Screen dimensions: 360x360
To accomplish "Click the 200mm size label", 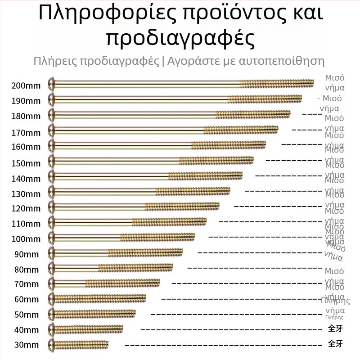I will click(27, 85).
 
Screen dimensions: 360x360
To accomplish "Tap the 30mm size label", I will click(27, 345).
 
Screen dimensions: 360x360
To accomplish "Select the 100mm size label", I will click(27, 239).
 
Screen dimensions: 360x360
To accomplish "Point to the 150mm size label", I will click(27, 163).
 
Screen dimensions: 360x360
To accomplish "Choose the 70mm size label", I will click(27, 284).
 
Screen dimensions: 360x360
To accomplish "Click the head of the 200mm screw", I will click(51, 84).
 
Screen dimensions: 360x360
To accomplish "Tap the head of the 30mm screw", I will click(51, 344).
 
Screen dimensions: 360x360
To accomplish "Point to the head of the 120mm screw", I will click(51, 207).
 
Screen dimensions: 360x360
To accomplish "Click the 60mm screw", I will click(99, 298).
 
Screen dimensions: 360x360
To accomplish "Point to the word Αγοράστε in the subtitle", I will click(191, 61).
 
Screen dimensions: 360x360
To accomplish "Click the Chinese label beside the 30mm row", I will click(335, 344).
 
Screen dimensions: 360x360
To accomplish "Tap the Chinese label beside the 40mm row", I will click(335, 328).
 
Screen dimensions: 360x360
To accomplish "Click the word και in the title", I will click(304, 14).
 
